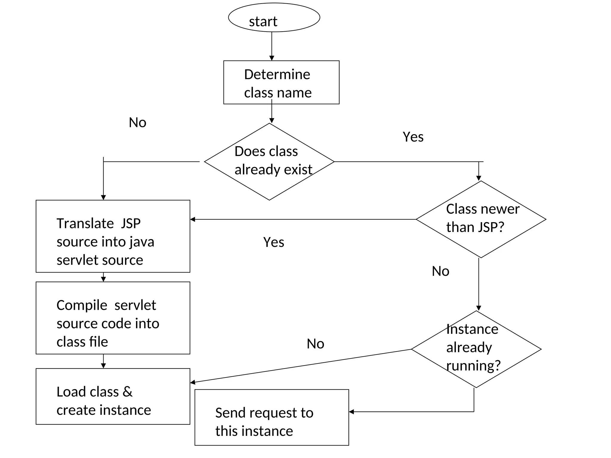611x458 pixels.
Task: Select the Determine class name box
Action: point(281,83)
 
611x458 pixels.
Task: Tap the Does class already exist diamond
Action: point(269,161)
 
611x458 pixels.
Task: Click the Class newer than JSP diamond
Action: point(481,219)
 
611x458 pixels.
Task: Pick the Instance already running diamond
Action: point(476,349)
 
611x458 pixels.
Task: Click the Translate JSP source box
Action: point(113,236)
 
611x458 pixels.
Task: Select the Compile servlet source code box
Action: point(113,318)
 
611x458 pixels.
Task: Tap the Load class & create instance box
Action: point(113,396)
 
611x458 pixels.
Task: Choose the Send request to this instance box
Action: point(271,417)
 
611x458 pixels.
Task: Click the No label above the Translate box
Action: point(138,123)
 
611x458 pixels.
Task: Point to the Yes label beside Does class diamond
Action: point(413,137)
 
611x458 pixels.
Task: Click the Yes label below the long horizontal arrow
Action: point(274,242)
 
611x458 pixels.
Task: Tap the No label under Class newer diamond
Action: point(440,271)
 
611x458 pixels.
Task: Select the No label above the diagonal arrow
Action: point(315,344)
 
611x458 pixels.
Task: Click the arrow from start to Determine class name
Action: point(271,46)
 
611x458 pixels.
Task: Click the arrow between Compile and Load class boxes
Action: point(103,361)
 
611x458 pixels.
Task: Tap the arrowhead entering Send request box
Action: point(351,412)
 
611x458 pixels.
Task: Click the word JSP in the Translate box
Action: point(130,224)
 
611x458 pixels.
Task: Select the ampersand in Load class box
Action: point(127,392)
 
